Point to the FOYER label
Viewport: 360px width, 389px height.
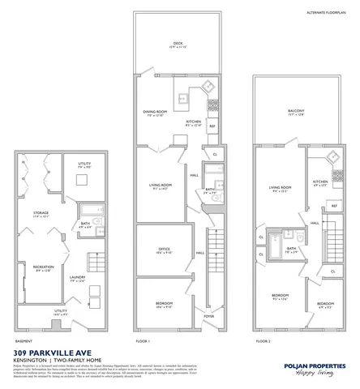point(208,317)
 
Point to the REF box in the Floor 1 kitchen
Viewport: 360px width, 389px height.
point(213,126)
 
